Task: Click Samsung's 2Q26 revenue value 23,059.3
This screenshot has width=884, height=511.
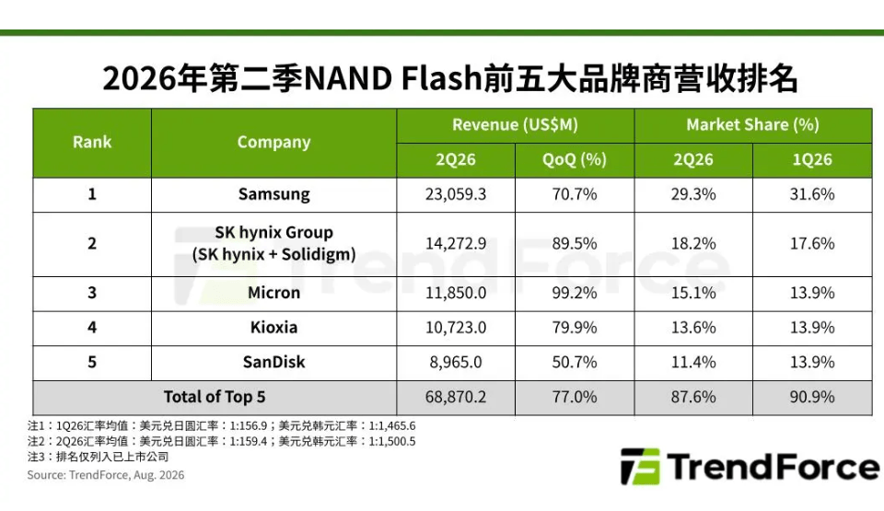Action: tap(456, 194)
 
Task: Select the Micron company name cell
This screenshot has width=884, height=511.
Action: tap(274, 293)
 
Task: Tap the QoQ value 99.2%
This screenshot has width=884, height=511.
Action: tap(575, 293)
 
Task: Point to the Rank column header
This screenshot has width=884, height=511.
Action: tap(92, 142)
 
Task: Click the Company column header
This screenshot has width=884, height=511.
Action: tap(274, 143)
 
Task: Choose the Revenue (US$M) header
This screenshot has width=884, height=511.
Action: tap(516, 124)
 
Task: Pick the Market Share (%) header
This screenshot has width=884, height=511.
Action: tap(752, 124)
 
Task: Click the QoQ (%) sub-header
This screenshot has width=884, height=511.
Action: tap(575, 159)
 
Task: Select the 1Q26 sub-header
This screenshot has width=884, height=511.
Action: tap(812, 159)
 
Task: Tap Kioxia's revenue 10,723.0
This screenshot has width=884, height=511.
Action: tap(456, 328)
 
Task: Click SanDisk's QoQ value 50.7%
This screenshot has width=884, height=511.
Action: tap(575, 362)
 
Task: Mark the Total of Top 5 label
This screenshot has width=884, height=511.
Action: tap(215, 397)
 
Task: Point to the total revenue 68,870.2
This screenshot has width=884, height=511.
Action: tap(456, 397)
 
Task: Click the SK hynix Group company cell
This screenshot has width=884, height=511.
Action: tap(274, 244)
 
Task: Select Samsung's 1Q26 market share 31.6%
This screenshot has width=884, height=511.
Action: tap(812, 194)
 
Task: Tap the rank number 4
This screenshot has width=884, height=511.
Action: tap(92, 328)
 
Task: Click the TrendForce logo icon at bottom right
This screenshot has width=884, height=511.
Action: tap(640, 467)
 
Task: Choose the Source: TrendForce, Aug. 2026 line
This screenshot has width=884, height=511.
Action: tap(105, 475)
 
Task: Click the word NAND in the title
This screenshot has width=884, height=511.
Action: tap(348, 78)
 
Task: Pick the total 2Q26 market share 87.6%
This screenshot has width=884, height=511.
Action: tap(692, 397)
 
